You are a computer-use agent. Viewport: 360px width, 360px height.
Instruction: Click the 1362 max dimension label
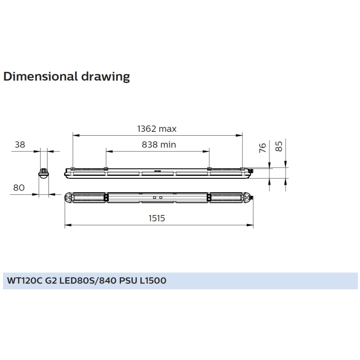tap(157, 129)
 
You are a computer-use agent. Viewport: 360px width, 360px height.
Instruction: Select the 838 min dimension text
tap(159, 144)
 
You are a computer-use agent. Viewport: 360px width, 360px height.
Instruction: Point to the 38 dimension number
tap(20, 144)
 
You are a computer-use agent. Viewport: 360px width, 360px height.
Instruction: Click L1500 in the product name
tap(153, 281)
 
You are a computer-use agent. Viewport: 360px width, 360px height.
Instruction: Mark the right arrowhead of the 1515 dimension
tap(252, 226)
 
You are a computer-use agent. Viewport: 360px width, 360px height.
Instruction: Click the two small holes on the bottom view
tap(157, 197)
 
